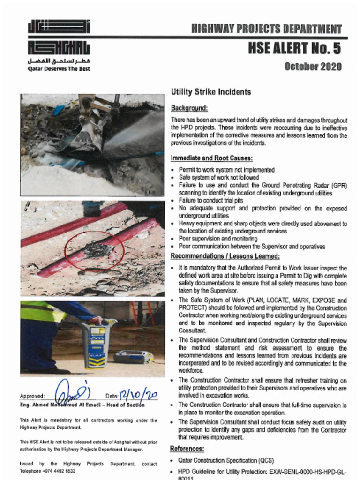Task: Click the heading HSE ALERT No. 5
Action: [294, 48]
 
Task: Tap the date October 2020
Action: [313, 67]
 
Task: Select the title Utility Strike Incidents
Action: [210, 92]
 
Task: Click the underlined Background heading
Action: [189, 107]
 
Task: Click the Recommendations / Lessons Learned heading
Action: [225, 256]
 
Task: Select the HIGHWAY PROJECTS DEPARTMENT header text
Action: [266, 29]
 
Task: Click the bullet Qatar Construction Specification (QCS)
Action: [226, 461]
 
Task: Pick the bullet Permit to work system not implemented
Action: [226, 170]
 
